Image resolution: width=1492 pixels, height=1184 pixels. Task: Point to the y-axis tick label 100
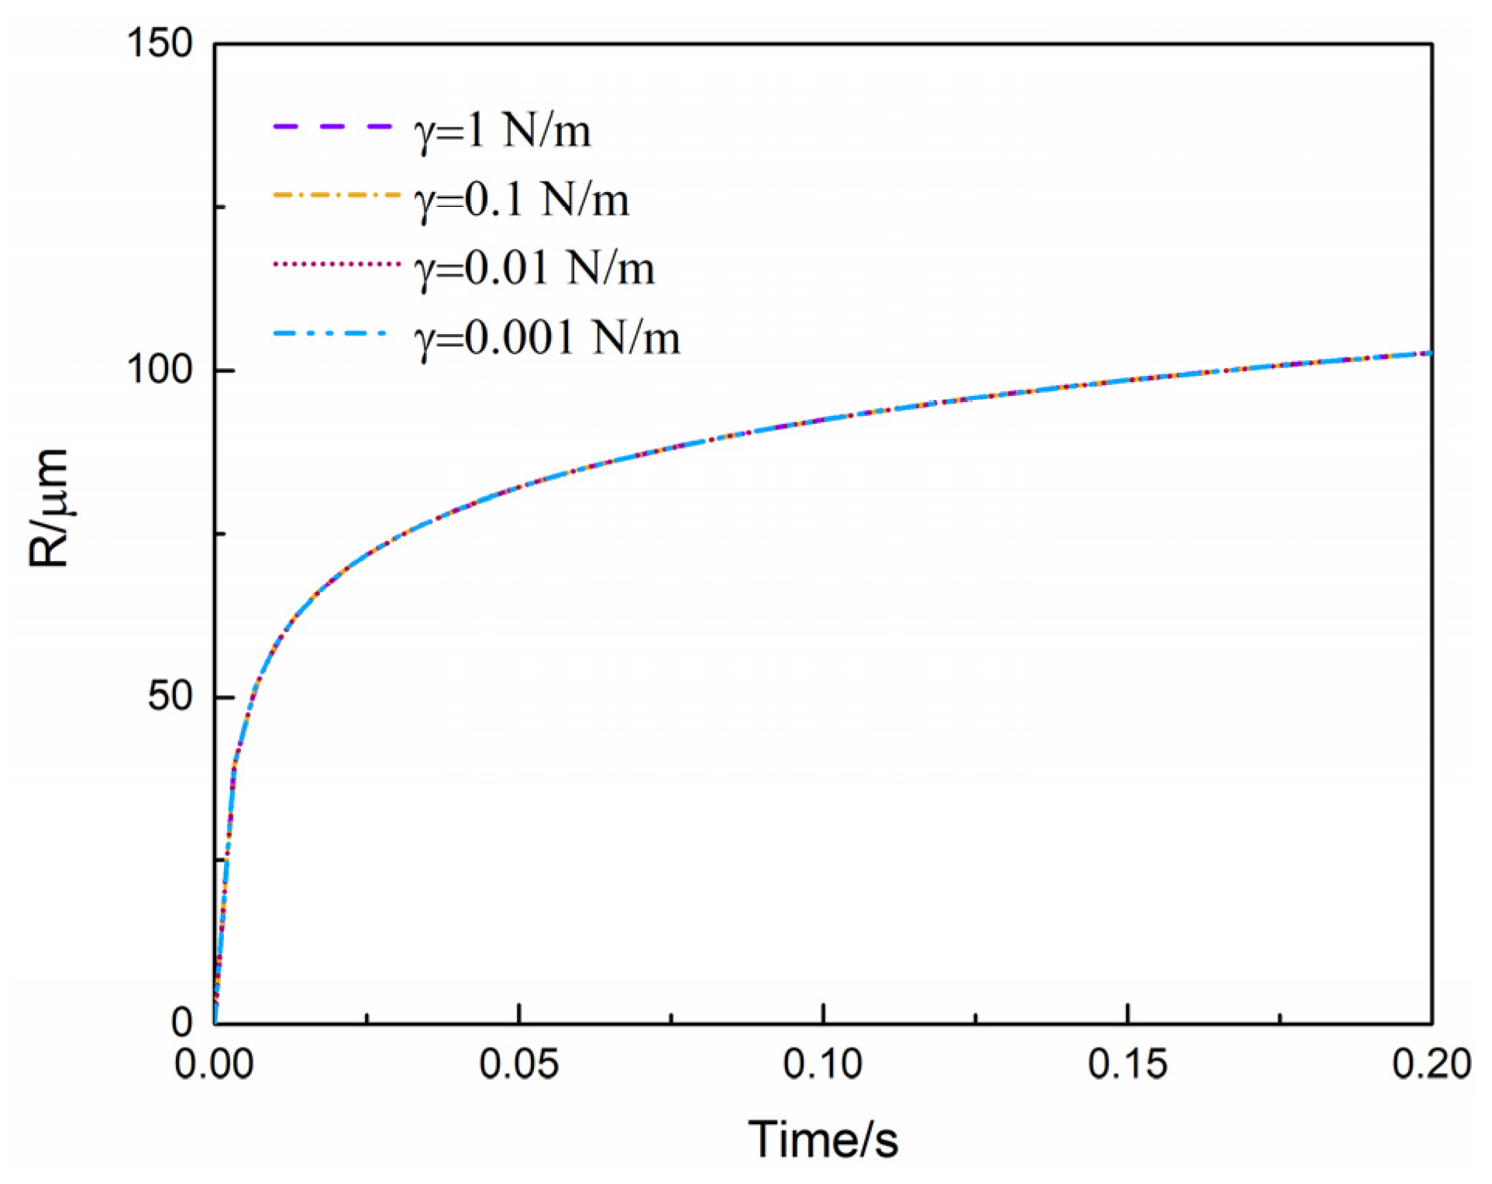point(159,369)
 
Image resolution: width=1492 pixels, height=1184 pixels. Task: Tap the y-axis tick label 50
point(170,696)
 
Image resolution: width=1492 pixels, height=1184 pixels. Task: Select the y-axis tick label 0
point(181,1022)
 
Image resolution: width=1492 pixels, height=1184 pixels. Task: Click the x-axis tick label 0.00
point(214,1064)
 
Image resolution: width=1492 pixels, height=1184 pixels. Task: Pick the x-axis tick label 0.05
point(519,1064)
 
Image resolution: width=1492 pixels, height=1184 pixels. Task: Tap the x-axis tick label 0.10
point(822,1064)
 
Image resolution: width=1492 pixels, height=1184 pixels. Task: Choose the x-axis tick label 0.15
point(1127,1064)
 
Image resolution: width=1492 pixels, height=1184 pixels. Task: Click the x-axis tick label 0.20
point(1431,1064)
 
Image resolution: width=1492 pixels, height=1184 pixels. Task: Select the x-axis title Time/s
point(822,1140)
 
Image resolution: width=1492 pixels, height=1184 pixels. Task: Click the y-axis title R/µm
point(48,508)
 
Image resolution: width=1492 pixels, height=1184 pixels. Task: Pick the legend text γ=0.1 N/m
point(522,200)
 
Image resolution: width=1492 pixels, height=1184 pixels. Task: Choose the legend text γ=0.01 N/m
point(535,269)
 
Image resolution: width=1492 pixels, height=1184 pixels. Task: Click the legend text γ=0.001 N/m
point(547,338)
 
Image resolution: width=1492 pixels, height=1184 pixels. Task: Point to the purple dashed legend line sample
point(333,126)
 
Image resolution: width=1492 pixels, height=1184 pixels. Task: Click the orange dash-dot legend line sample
point(336,195)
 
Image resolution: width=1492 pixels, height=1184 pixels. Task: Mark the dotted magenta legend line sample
point(336,264)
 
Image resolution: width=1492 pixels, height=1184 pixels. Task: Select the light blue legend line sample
point(330,333)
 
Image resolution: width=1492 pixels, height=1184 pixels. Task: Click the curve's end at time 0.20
point(1429,353)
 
